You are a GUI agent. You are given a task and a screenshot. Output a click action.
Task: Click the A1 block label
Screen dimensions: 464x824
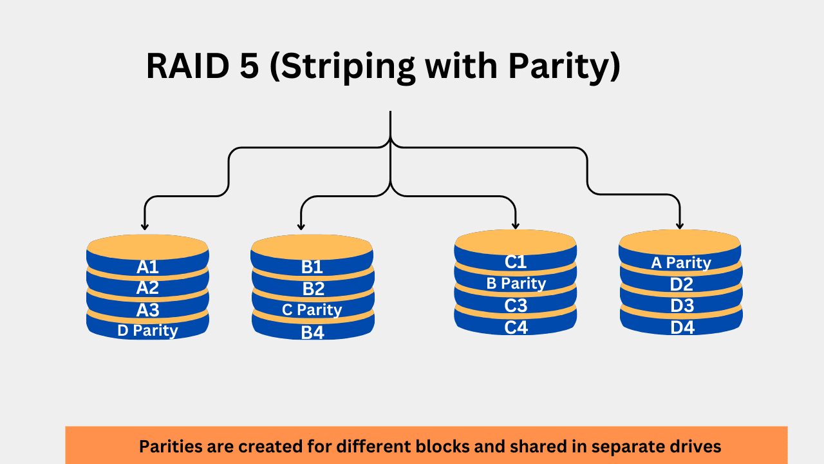point(147,267)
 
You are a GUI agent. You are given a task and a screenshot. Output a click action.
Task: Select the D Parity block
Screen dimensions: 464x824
point(147,331)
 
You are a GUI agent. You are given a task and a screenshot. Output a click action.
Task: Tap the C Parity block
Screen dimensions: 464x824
point(312,310)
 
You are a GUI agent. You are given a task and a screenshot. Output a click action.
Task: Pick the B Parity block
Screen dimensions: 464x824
point(516,284)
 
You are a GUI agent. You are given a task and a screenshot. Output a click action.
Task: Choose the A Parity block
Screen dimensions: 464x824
point(681,263)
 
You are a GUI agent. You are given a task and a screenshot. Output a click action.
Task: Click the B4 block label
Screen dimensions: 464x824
point(312,333)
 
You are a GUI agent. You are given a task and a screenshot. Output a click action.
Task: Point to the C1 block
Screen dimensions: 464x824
point(516,262)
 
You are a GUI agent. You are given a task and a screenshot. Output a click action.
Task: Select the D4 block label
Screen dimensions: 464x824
point(682,327)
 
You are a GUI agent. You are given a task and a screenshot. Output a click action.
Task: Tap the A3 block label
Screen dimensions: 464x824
point(147,310)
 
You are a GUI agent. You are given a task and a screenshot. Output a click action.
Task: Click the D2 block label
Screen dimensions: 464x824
point(682,284)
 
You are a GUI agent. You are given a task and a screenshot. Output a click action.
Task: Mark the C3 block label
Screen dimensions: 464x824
point(516,305)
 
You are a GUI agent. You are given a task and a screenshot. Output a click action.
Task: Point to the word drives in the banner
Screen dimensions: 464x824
point(697,446)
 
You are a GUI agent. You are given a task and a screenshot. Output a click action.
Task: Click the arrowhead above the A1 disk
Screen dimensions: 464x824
point(145,226)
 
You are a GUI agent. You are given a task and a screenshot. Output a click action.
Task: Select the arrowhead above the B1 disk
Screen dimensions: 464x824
point(301,226)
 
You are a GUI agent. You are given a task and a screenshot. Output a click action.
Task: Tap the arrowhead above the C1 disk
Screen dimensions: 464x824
point(515,225)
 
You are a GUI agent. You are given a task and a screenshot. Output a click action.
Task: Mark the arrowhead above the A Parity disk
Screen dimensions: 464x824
point(680,225)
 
